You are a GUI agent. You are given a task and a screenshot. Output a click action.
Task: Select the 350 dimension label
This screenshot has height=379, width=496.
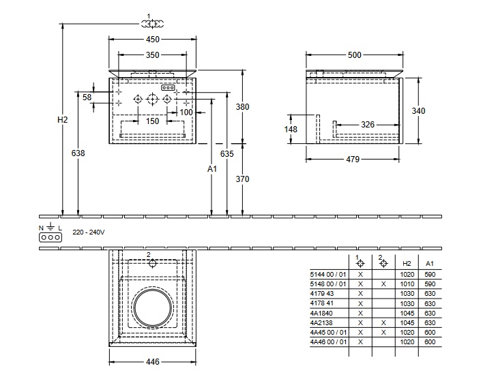click(x=152, y=55)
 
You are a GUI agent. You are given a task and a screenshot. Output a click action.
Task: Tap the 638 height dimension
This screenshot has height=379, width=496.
click(x=78, y=153)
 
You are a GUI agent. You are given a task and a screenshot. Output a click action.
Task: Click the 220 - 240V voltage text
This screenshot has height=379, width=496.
click(x=89, y=232)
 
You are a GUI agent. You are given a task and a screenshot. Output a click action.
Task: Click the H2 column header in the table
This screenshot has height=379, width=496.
click(x=407, y=262)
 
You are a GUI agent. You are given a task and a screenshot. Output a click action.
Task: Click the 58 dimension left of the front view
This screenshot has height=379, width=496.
click(x=87, y=97)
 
